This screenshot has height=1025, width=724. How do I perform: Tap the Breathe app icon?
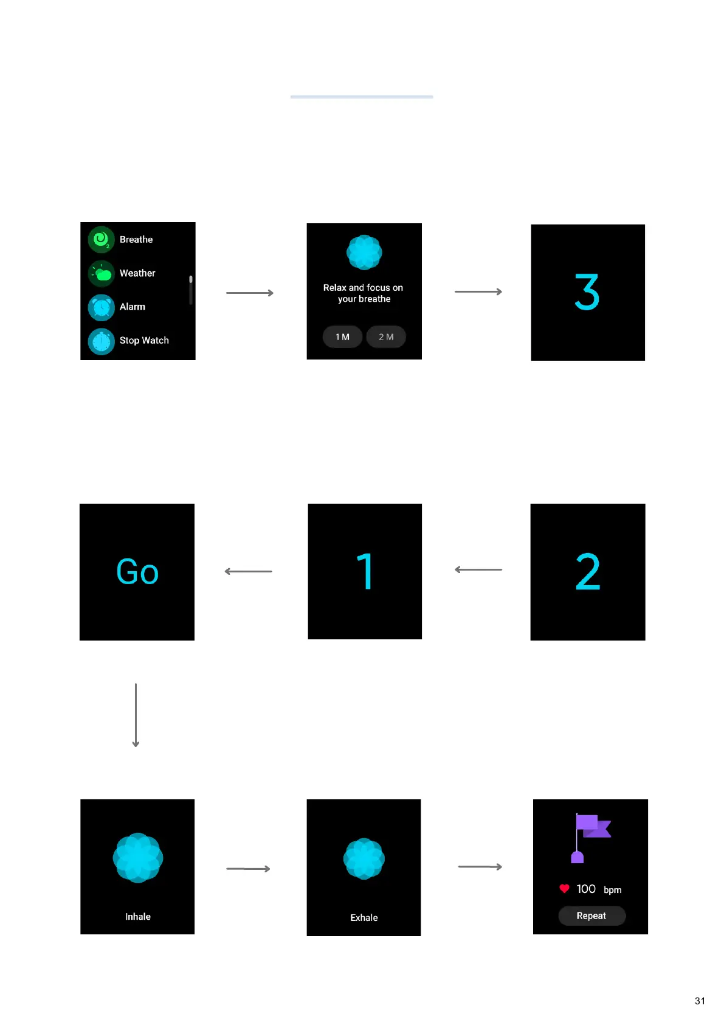click(x=101, y=240)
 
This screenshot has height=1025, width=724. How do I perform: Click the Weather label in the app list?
click(x=137, y=273)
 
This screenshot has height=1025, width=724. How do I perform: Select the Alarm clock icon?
click(x=101, y=307)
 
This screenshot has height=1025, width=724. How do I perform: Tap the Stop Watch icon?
click(x=101, y=341)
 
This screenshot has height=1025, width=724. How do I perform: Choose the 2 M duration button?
click(x=386, y=336)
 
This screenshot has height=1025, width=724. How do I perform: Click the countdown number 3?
click(x=587, y=292)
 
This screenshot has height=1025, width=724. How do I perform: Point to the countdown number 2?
click(x=588, y=571)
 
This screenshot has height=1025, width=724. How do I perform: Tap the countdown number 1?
click(x=365, y=571)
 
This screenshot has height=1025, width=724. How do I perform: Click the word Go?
click(x=137, y=572)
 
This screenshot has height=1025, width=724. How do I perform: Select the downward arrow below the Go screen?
click(x=136, y=715)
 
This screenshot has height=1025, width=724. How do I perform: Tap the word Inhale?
click(x=138, y=916)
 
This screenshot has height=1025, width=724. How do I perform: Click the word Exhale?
click(x=364, y=917)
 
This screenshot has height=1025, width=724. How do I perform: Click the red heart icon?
click(x=564, y=889)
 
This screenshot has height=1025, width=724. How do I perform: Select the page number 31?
click(x=700, y=1001)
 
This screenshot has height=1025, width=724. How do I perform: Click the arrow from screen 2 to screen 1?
click(x=478, y=570)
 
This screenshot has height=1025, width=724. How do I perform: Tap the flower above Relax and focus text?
click(x=364, y=252)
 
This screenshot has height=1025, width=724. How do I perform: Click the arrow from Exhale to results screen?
click(x=480, y=867)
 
